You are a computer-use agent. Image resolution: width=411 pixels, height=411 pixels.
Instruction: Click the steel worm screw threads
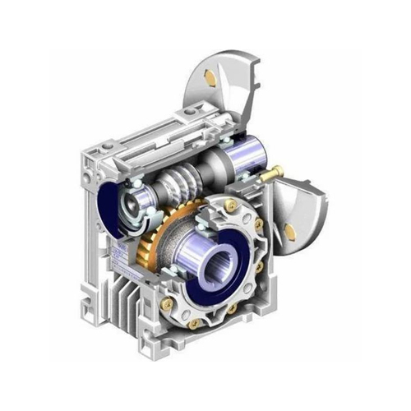[x=184, y=183]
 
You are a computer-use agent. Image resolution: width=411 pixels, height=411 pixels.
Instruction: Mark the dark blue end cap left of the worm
[x=111, y=205]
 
